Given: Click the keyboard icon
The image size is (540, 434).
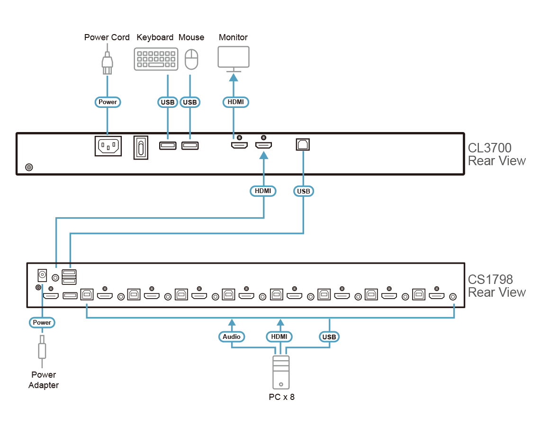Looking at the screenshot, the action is (156, 59).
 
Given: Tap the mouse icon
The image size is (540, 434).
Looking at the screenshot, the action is (191, 59).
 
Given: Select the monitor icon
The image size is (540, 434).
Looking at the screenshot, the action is (234, 59).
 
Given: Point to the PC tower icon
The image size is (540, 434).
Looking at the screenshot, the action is (281, 372).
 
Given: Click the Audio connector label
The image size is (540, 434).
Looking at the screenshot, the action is (232, 337).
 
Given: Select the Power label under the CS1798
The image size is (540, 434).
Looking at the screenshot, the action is (42, 322).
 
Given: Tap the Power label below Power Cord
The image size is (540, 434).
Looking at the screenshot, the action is (108, 102).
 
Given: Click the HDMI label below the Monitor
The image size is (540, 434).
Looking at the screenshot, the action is (236, 102).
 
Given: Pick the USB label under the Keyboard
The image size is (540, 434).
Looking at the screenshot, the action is (168, 102).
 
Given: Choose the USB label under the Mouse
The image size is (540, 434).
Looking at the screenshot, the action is (190, 102).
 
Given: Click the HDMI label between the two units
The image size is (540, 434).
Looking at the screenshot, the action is (263, 191).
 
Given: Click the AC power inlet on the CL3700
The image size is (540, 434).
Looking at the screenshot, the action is (108, 146).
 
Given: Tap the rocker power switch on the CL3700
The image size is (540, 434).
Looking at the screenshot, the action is (141, 148).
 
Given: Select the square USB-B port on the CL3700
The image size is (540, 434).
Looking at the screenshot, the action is (303, 144).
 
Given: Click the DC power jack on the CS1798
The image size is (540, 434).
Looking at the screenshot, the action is (42, 275).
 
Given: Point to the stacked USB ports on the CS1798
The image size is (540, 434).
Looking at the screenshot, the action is (69, 277).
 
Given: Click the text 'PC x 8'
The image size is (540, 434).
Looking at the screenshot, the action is (282, 397).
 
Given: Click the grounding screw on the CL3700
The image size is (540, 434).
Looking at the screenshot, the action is (29, 167).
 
